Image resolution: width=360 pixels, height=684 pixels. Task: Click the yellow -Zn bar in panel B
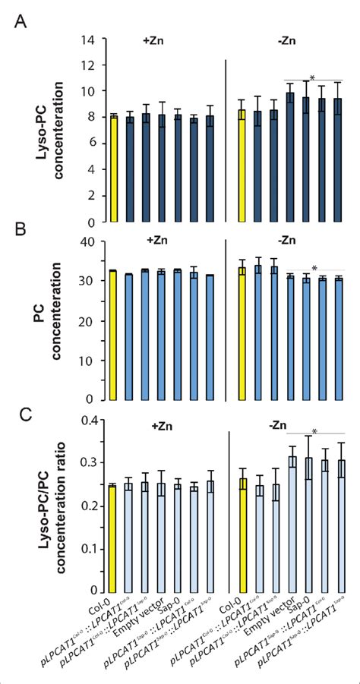point(242,333)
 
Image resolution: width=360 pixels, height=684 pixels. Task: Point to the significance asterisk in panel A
point(312,78)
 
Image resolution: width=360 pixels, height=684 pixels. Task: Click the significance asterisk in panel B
point(314,268)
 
